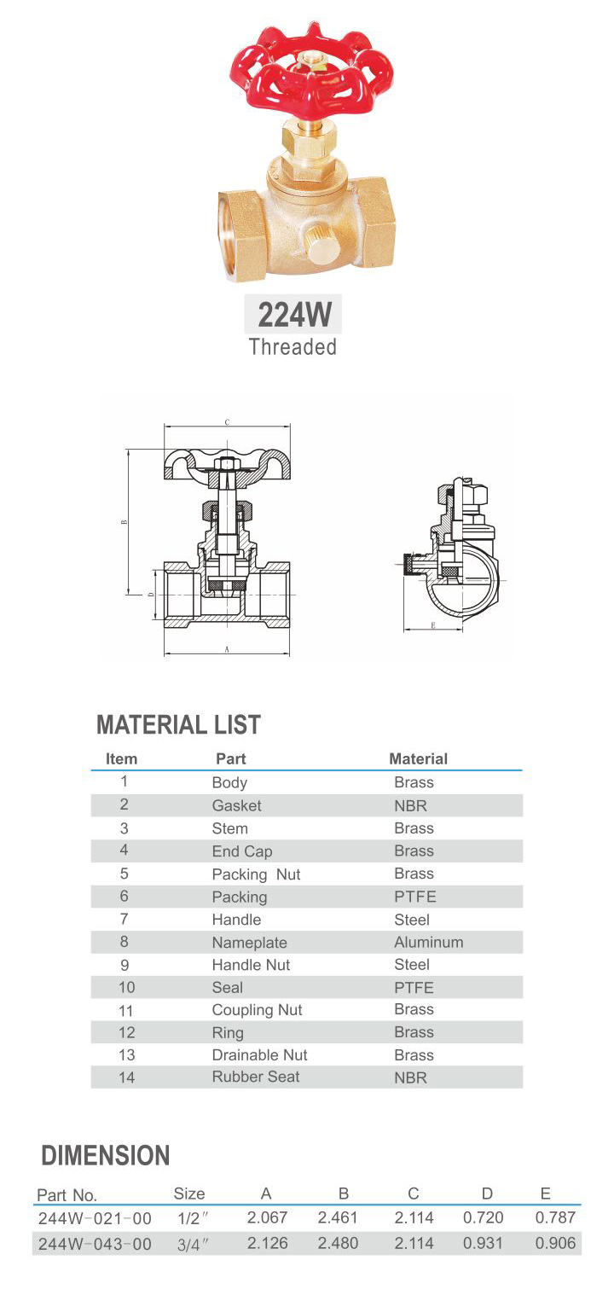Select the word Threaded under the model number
pos(293,347)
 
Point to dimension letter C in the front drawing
pos(226,422)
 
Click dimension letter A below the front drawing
pos(227,650)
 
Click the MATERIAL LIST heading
pos(178,725)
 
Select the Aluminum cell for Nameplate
pos(428,943)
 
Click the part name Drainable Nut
pos(259,1055)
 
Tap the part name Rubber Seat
pos(256,1077)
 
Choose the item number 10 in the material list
pos(126,988)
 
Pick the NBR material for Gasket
pos(410,806)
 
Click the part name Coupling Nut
pos(257,1010)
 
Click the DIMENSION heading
pos(106,1156)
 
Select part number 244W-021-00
pos(95,1218)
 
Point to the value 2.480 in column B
pos(338,1244)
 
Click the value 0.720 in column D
pos(484,1217)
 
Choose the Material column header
pos(418,758)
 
